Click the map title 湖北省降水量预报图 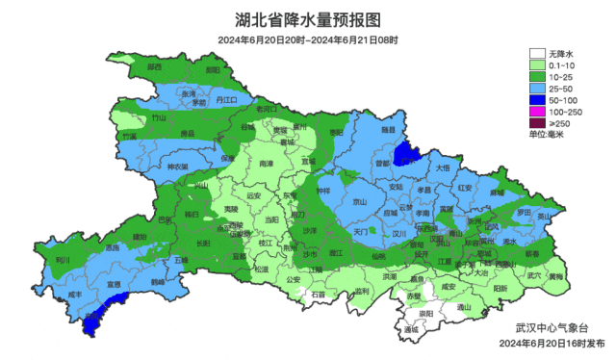point(308,19)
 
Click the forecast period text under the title point(308,39)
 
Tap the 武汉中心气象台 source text point(547,327)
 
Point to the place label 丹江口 point(226,99)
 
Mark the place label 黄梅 point(556,275)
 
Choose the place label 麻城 point(497,193)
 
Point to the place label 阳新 point(500,288)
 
